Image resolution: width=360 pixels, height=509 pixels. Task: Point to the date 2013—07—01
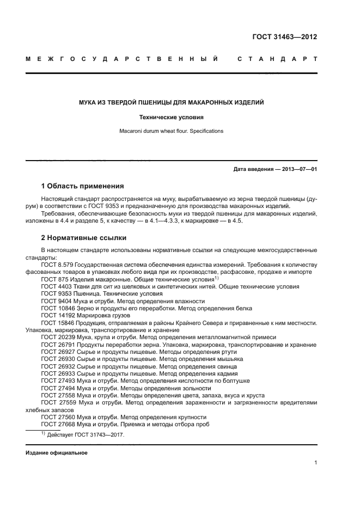pyautogui.click(x=298, y=169)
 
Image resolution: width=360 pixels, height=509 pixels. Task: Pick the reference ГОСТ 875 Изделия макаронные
pyautogui.click(x=87, y=279)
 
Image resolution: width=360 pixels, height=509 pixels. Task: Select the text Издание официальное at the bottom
pyautogui.click(x=56, y=453)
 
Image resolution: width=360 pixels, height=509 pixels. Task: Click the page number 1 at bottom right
pyautogui.click(x=315, y=463)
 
